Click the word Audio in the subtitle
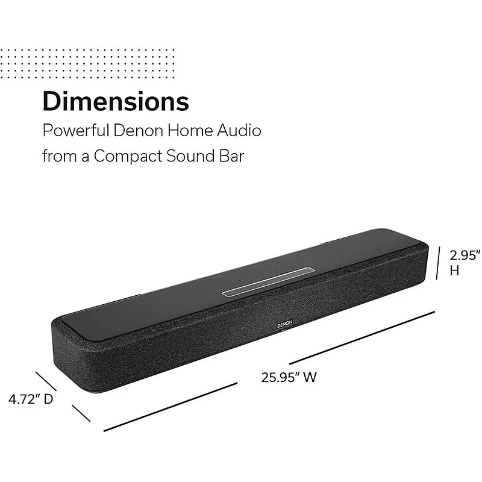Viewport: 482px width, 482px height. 241,130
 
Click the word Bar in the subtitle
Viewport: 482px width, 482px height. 233,156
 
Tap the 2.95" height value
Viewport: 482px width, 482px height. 465,255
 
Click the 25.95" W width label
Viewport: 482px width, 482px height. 289,378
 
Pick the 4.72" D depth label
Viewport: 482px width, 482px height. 31,398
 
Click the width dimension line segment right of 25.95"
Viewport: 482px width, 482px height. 361,337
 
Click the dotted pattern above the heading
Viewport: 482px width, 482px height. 87,63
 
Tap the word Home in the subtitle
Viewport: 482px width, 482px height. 194,130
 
